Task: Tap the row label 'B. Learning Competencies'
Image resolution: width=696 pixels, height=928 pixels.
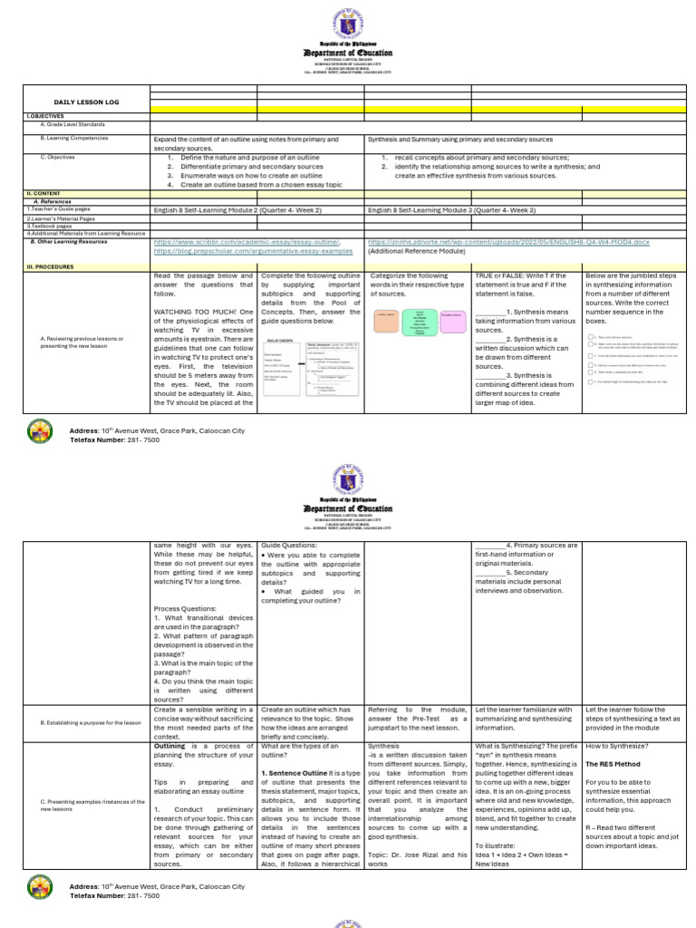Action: click(73, 138)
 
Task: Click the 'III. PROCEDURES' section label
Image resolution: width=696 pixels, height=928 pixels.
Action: click(50, 266)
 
